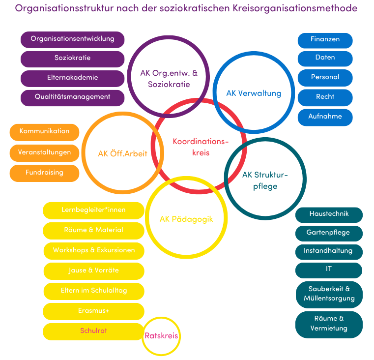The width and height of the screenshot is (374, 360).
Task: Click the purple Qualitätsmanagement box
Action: pos(72,97)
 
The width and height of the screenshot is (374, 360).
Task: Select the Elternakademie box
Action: pos(72,78)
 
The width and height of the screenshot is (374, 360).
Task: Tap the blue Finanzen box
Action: pos(325,39)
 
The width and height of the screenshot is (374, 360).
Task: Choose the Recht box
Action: pos(325,97)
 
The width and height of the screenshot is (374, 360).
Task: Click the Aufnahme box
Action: pos(325,117)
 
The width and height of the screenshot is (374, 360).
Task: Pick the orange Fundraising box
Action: pos(44,173)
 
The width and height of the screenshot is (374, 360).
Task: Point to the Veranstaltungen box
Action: pos(44,152)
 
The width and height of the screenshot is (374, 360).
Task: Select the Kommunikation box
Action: pos(44,132)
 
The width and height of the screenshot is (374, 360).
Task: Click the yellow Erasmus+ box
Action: pos(93,311)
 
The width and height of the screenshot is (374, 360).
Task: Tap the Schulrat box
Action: pos(93,331)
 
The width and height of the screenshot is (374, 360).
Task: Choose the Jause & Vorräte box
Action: pos(93,270)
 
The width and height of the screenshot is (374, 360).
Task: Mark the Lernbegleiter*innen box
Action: pos(93,210)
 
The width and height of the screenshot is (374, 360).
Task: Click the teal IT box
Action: pos(329,270)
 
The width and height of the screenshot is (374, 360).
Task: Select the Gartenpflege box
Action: pos(329,232)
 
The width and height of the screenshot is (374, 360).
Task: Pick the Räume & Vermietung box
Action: pos(329,324)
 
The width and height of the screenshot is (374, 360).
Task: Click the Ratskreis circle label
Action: pos(161,336)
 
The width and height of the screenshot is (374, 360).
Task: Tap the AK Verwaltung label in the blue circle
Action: pos(254,93)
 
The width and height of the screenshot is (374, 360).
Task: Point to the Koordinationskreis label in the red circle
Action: pos(201,147)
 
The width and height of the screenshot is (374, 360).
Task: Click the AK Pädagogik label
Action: pos(186,219)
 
